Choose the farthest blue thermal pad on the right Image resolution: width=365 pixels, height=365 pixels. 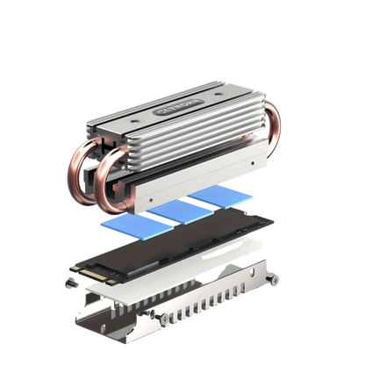(x=215, y=198)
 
